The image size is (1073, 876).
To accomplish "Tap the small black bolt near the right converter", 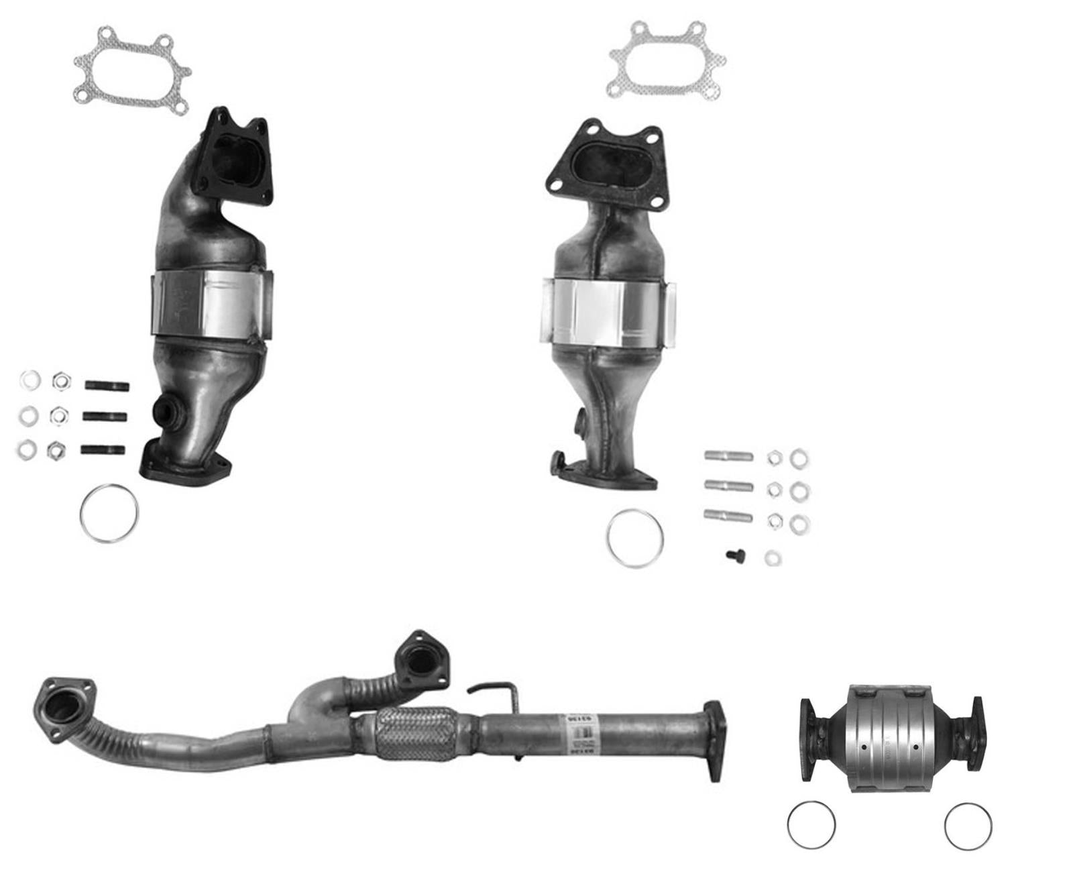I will coord(732,555).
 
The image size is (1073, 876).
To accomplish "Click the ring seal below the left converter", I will coord(109,513).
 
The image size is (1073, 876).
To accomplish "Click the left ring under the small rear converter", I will coord(811,824).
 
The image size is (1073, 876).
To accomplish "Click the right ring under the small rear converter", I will coord(968,826).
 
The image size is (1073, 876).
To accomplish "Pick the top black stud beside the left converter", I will coord(107,386).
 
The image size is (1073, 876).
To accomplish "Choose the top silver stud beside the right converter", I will coord(728,456).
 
